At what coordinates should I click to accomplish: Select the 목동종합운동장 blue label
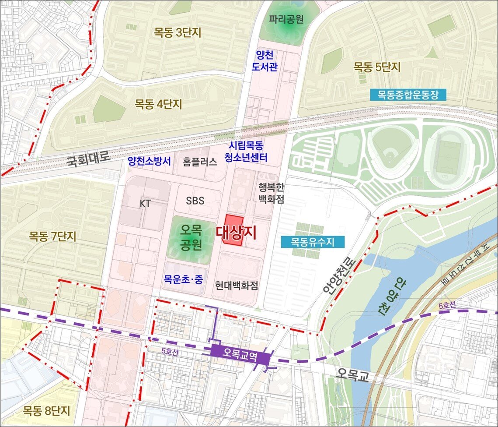[x=407, y=95]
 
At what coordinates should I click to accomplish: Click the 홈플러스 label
[x=200, y=162]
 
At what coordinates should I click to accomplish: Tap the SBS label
[x=195, y=201]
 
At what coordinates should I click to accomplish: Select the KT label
[x=145, y=204]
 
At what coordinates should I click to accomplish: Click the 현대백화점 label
[x=237, y=286]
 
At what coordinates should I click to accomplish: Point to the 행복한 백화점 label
[x=271, y=193]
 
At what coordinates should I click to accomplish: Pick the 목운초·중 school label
[x=183, y=279]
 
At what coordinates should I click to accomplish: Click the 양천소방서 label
[x=149, y=161]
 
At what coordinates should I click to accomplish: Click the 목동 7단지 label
[x=52, y=237]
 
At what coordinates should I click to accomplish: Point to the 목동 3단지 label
[x=178, y=32]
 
